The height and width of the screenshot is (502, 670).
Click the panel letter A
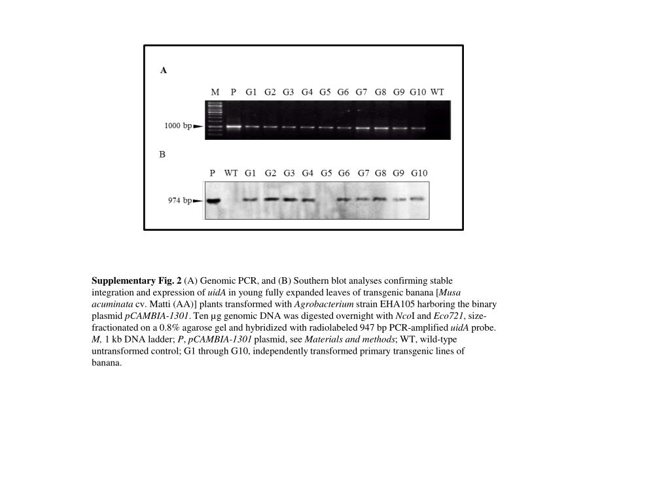(x=164, y=71)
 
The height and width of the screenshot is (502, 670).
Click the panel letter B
(x=162, y=154)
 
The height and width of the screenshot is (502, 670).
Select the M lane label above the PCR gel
(x=215, y=92)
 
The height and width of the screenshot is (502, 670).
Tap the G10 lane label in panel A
(x=417, y=92)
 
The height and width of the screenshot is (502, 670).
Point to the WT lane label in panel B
(x=231, y=173)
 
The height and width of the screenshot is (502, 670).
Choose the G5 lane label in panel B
(x=326, y=173)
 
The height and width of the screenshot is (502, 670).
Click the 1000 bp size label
(x=177, y=125)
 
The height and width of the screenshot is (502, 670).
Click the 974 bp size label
(x=179, y=201)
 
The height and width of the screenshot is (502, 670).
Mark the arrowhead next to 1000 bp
(x=198, y=126)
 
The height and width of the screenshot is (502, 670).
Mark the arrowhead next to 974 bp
(x=198, y=201)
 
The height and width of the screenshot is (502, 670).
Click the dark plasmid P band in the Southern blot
(x=213, y=201)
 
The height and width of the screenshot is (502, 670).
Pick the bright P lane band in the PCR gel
(x=234, y=126)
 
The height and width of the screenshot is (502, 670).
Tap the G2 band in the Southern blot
(x=271, y=199)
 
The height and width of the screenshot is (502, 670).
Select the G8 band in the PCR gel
(x=381, y=128)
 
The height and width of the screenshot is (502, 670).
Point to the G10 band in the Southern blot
(x=417, y=198)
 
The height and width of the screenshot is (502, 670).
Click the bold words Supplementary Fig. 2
(x=136, y=280)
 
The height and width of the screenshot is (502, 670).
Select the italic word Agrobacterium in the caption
(x=324, y=304)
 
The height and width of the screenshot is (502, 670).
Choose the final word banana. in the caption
(x=107, y=363)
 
